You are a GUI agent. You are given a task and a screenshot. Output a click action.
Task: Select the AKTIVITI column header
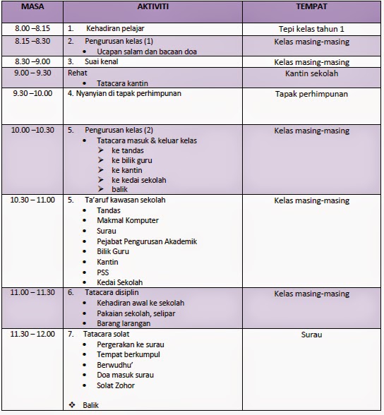pyautogui.click(x=153, y=8)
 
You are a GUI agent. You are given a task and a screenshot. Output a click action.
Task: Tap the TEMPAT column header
pyautogui.click(x=311, y=8)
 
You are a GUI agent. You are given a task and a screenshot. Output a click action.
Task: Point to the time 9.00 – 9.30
pyautogui.click(x=32, y=73)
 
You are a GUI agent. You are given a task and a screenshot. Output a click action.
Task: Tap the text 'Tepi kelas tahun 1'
pyautogui.click(x=311, y=30)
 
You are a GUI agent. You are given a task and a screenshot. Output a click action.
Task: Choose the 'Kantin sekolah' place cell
pyautogui.click(x=311, y=73)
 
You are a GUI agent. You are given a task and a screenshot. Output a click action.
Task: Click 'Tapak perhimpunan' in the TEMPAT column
pyautogui.click(x=311, y=92)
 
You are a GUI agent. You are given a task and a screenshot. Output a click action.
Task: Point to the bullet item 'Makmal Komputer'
pyautogui.click(x=128, y=221)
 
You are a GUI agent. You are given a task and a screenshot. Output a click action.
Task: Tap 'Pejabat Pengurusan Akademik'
pyautogui.click(x=147, y=241)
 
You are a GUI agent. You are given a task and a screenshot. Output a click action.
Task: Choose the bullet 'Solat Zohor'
pyautogui.click(x=116, y=385)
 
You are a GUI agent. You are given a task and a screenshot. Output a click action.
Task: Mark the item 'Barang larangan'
pyautogui.click(x=125, y=323)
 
